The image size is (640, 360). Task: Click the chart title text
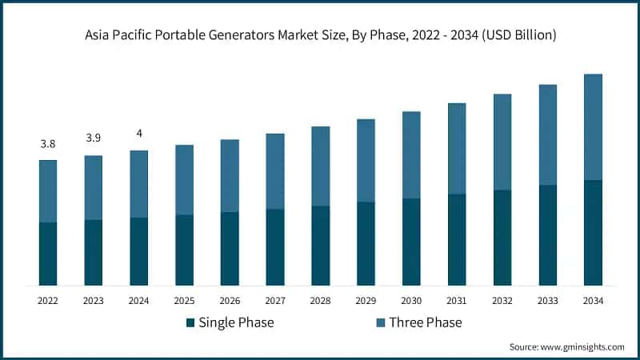320,36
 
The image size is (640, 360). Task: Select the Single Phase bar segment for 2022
48,254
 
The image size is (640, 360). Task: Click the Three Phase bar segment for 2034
593,127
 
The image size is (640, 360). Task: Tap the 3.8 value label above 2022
48,144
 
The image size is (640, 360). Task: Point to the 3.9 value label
94,138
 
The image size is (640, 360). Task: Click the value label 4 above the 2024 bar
139,134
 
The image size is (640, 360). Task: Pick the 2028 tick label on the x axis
320,301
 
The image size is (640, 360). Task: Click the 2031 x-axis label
457,301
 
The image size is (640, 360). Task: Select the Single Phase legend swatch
190,322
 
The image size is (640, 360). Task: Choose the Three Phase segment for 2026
230,176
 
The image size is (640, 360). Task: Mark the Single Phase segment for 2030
411,242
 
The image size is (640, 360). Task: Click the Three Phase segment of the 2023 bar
94,188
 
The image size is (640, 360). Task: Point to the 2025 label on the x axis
184,301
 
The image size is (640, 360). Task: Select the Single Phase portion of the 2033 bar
547,235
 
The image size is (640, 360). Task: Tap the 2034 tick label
593,301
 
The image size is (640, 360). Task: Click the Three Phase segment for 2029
366,161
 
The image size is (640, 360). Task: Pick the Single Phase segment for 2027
275,247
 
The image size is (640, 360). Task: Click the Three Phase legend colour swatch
380,322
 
